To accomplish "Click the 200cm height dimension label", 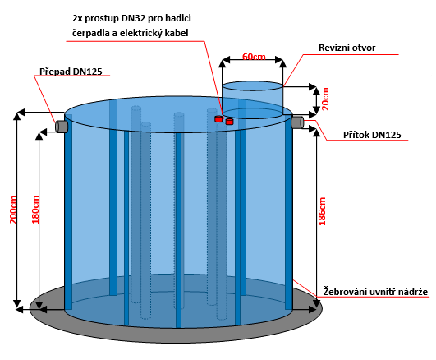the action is (13, 210).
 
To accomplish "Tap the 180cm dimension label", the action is (35, 210).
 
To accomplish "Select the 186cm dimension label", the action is (322, 211).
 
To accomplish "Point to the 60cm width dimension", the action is (254, 57).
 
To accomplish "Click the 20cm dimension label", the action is (325, 99).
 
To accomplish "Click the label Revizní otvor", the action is (347, 48).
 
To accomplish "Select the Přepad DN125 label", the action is (71, 72).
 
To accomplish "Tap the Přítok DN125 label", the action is (372, 135).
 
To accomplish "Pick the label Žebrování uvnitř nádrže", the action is (375, 292).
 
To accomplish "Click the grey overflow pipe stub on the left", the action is (62, 127).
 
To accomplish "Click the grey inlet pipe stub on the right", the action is (297, 122).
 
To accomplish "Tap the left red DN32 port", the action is (218, 119).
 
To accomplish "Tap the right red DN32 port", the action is (229, 122).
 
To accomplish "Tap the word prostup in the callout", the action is (102, 19).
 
